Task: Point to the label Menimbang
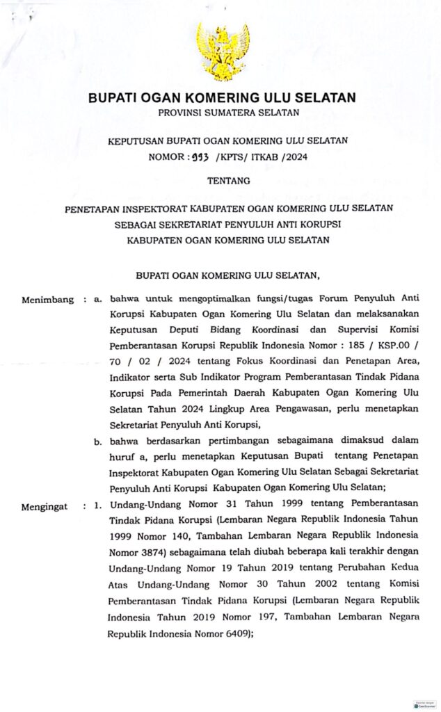[48, 300]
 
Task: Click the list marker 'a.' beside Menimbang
[98, 300]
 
